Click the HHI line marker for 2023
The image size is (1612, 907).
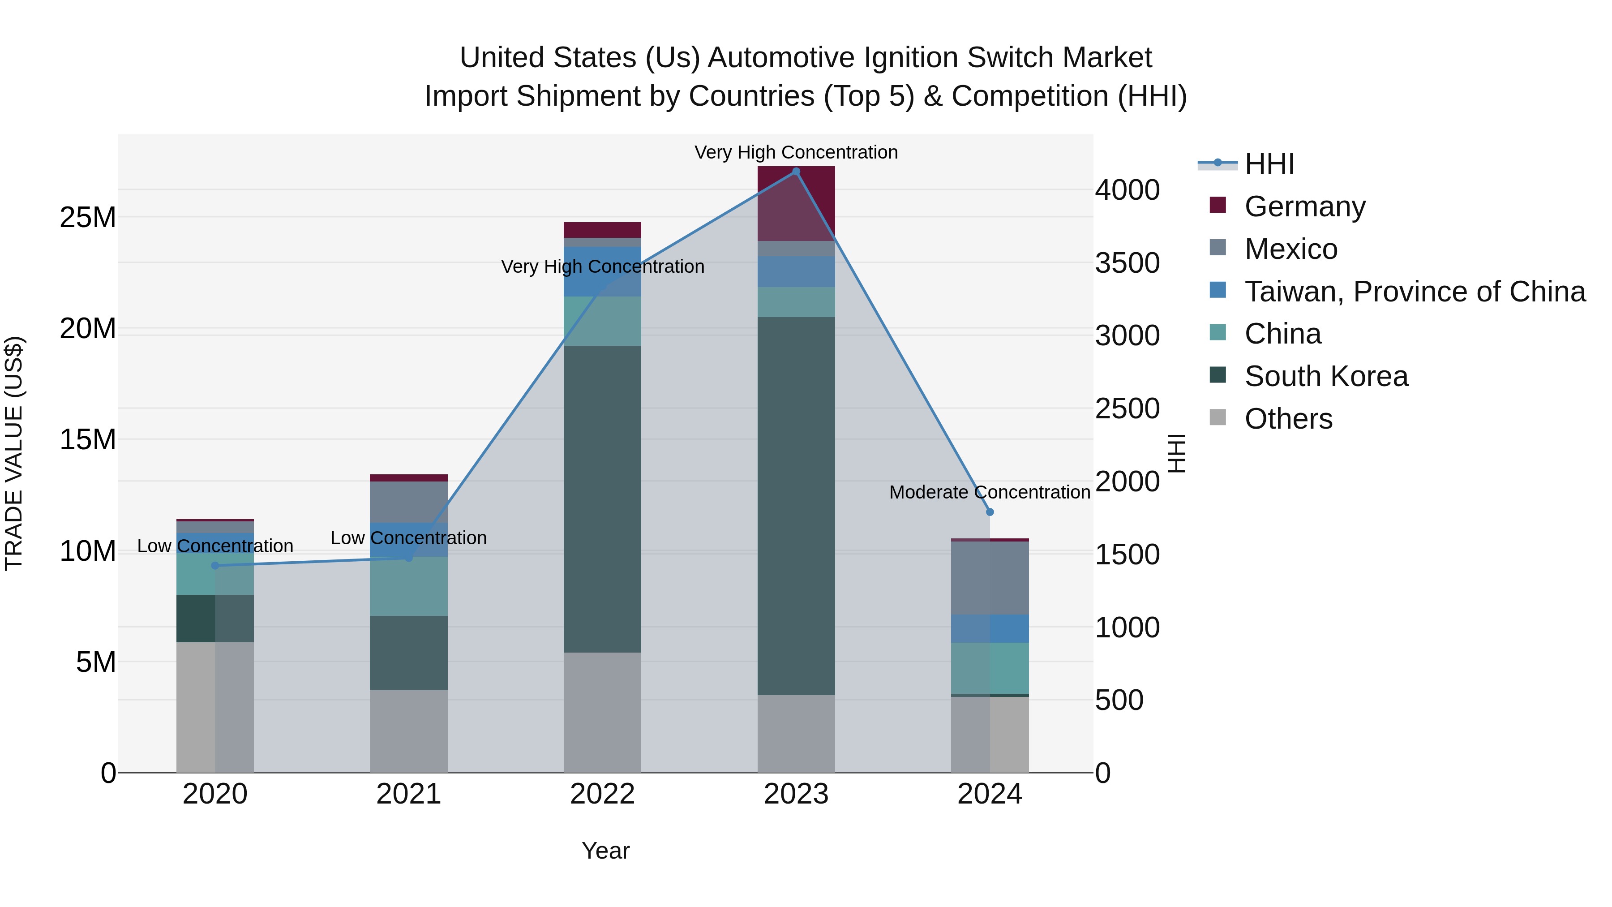[x=796, y=172]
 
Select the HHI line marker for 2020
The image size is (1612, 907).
[x=215, y=566]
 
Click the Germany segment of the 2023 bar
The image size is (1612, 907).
[x=796, y=203]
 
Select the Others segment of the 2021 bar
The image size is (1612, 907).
[x=409, y=731]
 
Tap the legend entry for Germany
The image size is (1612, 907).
[x=1305, y=206]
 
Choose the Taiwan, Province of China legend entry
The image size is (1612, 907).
[x=1414, y=292]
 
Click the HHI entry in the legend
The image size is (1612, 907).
[x=1269, y=164]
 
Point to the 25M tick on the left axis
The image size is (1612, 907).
[x=88, y=218]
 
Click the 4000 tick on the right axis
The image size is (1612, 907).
[x=1127, y=190]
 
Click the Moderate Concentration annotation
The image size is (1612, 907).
[x=989, y=493]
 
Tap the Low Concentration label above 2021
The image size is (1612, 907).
[x=409, y=538]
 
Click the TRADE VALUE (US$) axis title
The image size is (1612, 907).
[x=14, y=453]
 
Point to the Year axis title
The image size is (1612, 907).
[x=605, y=851]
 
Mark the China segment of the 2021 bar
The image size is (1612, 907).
[x=409, y=586]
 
